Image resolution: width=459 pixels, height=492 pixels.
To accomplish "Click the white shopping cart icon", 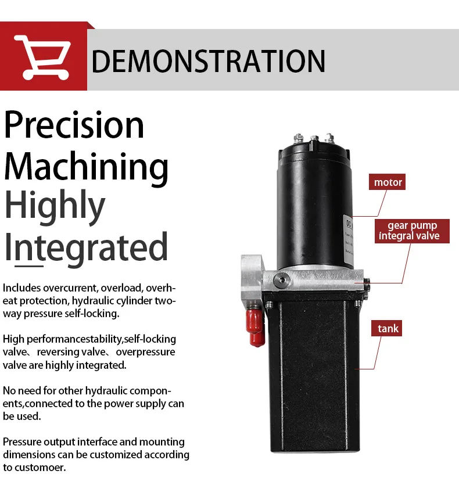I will point(42,56).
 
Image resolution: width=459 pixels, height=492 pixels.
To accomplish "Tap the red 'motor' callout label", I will point(388,182).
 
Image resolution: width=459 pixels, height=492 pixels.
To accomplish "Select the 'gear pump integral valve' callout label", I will point(408,231).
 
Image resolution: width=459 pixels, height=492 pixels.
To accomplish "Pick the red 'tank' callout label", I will point(388,329).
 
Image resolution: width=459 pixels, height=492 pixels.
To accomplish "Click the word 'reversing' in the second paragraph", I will point(56,352).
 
